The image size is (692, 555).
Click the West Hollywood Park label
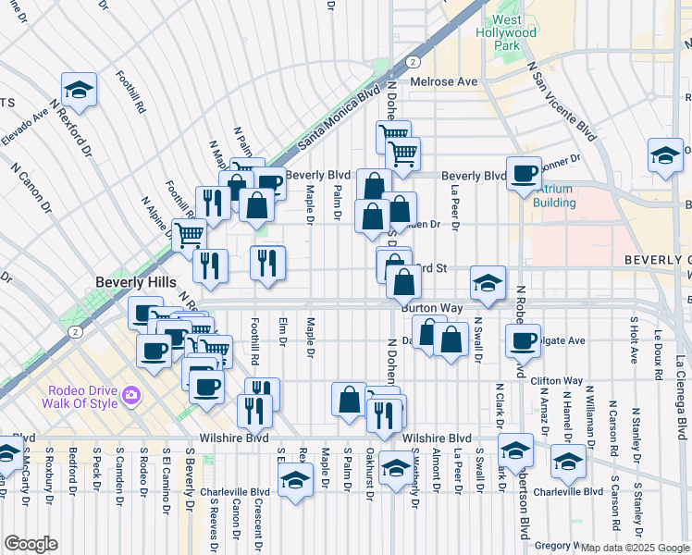point(514,32)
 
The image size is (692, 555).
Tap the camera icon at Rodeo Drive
point(132,395)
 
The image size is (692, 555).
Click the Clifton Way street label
point(557,380)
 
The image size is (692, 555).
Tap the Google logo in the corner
point(31,544)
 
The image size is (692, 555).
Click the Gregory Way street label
point(557,546)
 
